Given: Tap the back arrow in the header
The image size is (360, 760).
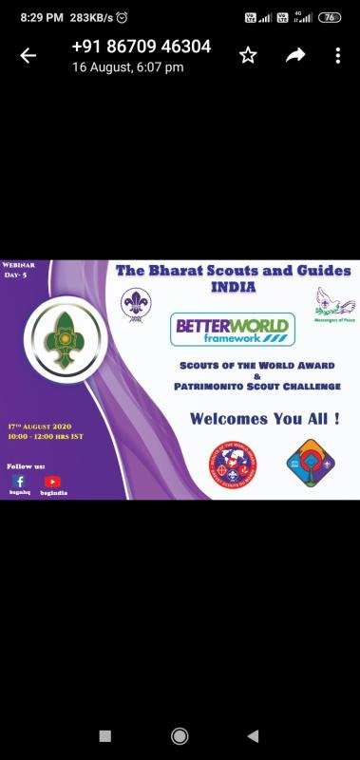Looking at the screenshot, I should click(28, 56).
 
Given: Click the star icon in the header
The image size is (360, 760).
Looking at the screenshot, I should click(248, 56).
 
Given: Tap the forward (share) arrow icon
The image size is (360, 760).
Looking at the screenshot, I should click(295, 56).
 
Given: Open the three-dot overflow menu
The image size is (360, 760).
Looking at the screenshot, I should click(337, 56).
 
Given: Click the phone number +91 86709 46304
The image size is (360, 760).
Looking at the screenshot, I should click(142, 47).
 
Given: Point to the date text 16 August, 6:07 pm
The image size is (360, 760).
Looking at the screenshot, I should click(128, 67).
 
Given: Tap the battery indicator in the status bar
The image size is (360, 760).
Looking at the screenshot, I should click(329, 17).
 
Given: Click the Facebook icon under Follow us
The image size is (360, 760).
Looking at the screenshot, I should click(19, 482).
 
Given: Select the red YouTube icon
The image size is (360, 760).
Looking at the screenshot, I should click(52, 482).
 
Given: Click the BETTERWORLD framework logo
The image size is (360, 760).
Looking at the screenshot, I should click(233, 330).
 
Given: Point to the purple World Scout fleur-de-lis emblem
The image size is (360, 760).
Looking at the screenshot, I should click(136, 305).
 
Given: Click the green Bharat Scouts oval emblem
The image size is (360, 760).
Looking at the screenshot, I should click(61, 336).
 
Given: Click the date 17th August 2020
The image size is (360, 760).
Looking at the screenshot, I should click(40, 429).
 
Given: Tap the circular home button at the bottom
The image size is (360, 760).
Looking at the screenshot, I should click(180, 735).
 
